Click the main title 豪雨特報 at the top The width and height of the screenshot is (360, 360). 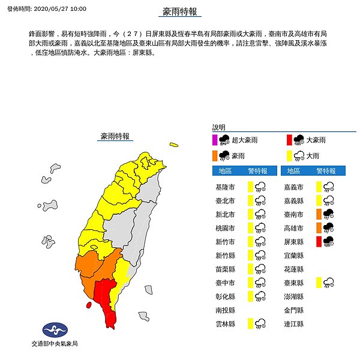(180, 12)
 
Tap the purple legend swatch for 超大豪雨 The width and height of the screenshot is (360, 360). (215, 140)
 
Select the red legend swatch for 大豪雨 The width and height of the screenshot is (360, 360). (289, 140)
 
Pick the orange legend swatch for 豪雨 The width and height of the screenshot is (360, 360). (215, 155)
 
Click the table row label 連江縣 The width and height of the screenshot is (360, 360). (294, 324)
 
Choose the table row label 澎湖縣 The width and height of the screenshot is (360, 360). (294, 296)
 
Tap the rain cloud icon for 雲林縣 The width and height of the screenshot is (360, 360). (260, 324)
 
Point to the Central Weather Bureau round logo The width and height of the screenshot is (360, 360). (54, 331)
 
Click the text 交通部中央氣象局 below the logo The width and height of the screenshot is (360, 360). (54, 344)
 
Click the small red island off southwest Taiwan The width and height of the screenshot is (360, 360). (89, 305)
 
